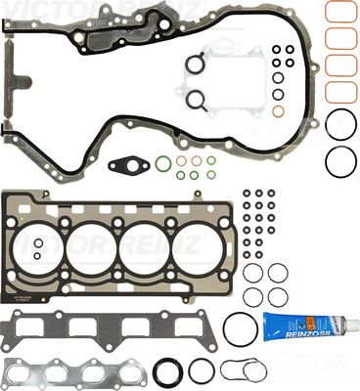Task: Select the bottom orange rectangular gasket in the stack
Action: [339, 93]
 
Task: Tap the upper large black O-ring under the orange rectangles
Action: [340, 124]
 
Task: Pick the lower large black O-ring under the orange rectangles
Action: [340, 161]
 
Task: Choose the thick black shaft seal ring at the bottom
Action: [167, 370]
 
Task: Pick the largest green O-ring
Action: [163, 161]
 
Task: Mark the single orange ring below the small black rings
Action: [279, 111]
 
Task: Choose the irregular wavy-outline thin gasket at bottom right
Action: [243, 370]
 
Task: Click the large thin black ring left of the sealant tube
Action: [240, 328]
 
